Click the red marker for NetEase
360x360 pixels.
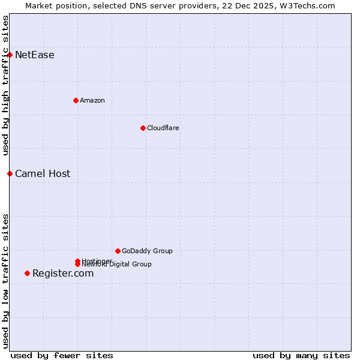tap(10, 55)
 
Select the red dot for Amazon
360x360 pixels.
tap(76, 100)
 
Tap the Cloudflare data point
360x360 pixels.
tap(143, 128)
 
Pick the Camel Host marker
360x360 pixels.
tap(10, 174)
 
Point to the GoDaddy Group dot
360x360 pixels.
tap(118, 251)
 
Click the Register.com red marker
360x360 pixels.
tap(27, 274)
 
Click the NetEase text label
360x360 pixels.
tap(35, 55)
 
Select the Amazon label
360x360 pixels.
tap(92, 100)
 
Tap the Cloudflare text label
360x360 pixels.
tap(163, 128)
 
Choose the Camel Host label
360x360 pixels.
tap(43, 174)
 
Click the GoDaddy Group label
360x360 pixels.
tap(147, 251)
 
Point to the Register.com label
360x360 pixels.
tap(63, 274)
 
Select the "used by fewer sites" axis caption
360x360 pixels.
tap(62, 355)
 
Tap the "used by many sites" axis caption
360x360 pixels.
tap(301, 355)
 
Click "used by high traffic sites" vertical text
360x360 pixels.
tap(6, 85)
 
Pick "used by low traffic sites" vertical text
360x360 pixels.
tap(6, 280)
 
